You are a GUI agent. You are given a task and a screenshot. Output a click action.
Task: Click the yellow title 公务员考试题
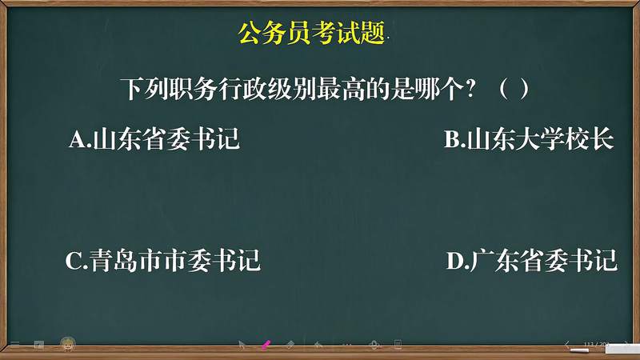(312, 34)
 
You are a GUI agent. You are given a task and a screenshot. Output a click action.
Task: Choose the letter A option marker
(78, 141)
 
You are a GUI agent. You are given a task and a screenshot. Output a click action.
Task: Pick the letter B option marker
(452, 141)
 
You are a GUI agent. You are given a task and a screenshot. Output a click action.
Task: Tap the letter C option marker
(74, 262)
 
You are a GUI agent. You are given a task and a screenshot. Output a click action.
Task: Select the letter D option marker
(455, 262)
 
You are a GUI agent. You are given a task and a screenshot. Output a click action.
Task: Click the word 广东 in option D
(494, 262)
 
